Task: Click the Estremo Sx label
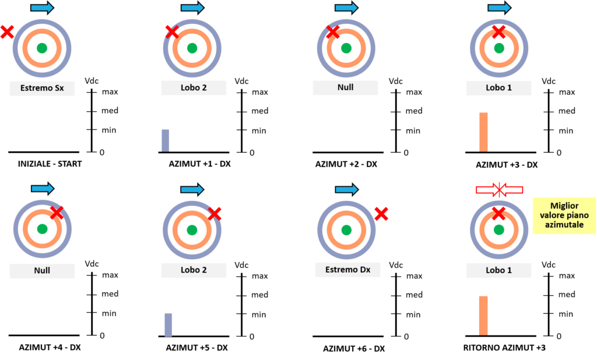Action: point(42,89)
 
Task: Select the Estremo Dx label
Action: point(347,270)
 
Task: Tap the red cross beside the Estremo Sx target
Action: point(7,32)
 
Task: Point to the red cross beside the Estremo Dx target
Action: point(381,214)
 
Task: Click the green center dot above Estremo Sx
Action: point(42,48)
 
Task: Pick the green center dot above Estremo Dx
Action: point(346,230)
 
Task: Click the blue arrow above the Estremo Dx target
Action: point(346,189)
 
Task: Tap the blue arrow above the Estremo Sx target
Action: point(42,8)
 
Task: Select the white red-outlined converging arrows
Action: point(499,190)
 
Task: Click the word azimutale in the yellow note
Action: point(564,224)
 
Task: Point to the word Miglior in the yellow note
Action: point(564,206)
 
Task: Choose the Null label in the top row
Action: point(345,88)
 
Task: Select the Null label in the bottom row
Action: point(42,270)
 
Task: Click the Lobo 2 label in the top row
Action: point(194,88)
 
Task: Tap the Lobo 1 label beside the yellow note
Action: point(498,270)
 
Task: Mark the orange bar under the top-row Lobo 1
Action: point(483,132)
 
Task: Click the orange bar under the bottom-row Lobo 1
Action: point(483,316)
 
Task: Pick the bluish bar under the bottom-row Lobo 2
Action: point(168,324)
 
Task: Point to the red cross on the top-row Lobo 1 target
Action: point(498,32)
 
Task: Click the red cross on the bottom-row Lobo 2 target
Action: point(215,214)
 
